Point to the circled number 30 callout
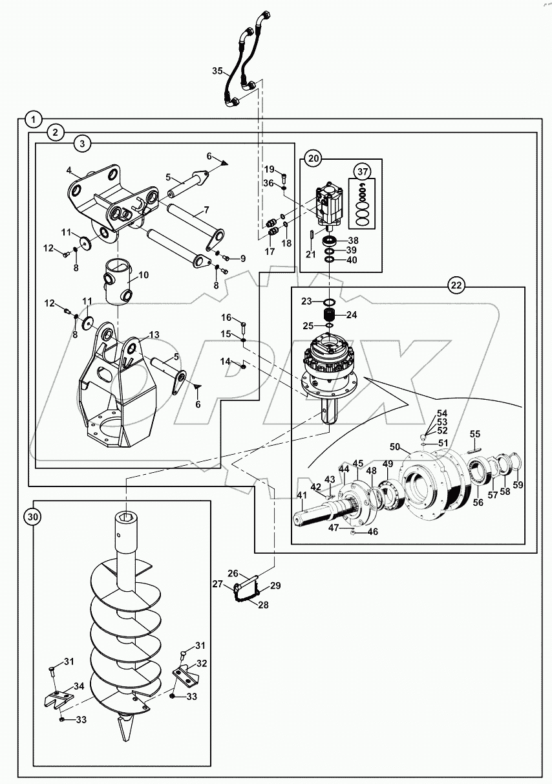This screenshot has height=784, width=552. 34,516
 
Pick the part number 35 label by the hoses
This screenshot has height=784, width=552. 218,71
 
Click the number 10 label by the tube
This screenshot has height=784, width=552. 143,275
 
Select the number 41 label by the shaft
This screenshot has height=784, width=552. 302,495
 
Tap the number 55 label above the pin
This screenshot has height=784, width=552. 474,433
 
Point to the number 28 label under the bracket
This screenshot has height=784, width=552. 264,605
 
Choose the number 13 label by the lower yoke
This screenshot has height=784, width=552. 153,335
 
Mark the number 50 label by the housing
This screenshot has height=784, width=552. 395,447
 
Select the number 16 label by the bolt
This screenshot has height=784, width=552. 226,317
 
